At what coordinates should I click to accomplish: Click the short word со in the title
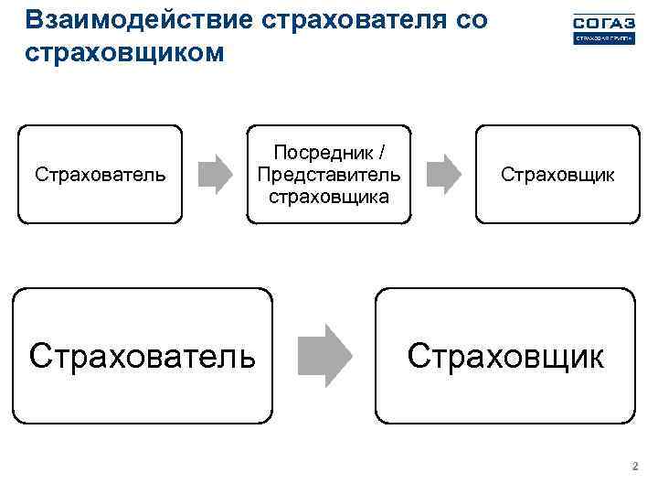coord(471,20)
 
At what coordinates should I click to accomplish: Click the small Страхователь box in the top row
coord(101,174)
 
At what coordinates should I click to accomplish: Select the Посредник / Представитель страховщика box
coord(329,174)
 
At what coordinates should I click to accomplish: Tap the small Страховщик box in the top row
coord(557,174)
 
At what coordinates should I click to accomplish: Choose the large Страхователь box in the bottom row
coord(143,356)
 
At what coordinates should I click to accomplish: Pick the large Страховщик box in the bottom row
coord(505,356)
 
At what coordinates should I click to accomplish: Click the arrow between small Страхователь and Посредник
coord(216,174)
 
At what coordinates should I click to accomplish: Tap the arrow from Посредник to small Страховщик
coord(444,174)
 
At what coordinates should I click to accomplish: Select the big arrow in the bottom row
coord(325,355)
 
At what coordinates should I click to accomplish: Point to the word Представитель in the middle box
coord(329,174)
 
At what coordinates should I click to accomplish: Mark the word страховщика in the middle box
coord(329,195)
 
